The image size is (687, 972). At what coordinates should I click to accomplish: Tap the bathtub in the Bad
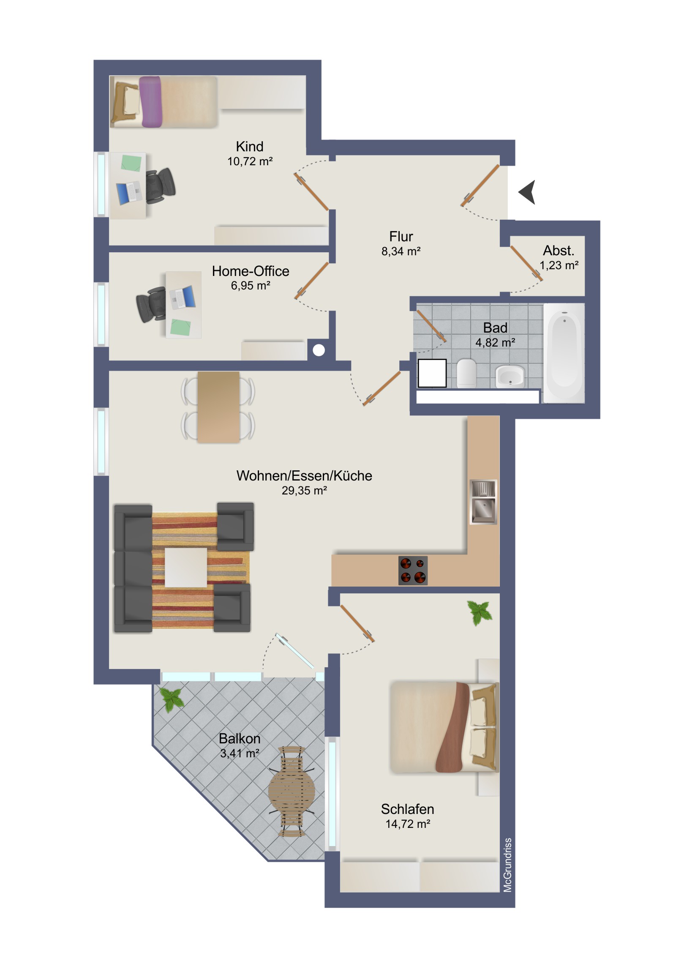coord(564,353)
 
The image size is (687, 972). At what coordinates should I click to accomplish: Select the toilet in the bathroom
coord(467,373)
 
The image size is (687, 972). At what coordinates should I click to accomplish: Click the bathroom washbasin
coord(510,376)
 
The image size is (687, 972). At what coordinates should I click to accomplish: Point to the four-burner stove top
coord(413,570)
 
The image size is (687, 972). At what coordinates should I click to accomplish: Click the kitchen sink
coord(483,502)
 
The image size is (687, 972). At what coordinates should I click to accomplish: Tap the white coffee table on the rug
coord(186,567)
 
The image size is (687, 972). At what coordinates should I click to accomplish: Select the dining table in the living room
coord(218,407)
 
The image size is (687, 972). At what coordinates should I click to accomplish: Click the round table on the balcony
coord(292,792)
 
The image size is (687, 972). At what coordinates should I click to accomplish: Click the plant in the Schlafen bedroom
coord(480,613)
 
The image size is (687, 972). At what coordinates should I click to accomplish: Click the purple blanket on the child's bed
coord(151,101)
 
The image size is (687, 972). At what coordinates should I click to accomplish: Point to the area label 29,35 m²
coord(304,491)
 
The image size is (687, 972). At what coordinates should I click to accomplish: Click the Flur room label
coord(401,236)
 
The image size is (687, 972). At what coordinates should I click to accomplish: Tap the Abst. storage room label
coord(559,251)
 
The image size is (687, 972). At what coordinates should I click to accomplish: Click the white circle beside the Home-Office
coord(319,350)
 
